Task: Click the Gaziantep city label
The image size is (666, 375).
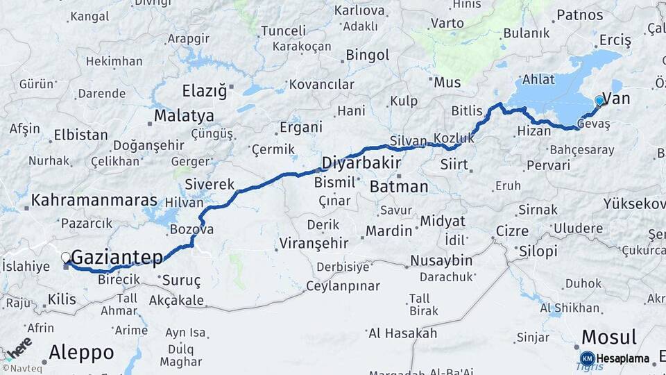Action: click(x=117, y=258)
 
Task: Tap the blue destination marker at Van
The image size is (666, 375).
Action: click(x=599, y=101)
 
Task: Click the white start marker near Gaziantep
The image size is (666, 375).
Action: click(x=66, y=257)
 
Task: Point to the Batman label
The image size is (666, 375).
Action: click(x=399, y=187)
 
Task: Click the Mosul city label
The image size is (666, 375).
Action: click(x=608, y=337)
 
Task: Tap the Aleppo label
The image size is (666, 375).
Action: click(x=82, y=352)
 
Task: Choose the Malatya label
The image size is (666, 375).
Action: click(x=184, y=115)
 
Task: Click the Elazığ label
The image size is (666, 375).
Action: click(x=204, y=91)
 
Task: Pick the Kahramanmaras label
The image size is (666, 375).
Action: click(x=94, y=200)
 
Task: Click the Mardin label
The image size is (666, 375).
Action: click(x=388, y=231)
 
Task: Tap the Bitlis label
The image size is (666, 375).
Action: click(x=466, y=111)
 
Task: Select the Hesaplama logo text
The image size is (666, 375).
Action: click(x=624, y=359)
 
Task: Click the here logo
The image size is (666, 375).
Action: click(x=18, y=347)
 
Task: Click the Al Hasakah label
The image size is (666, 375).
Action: click(x=402, y=333)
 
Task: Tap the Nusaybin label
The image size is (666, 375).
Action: click(x=441, y=261)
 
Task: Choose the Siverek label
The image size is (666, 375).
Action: click(x=210, y=185)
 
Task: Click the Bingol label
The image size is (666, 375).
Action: click(x=367, y=54)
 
